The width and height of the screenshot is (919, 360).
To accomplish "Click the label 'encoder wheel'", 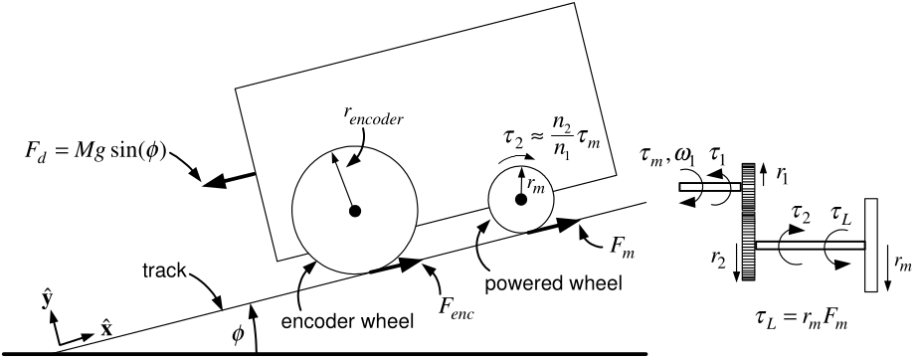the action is (x=347, y=322).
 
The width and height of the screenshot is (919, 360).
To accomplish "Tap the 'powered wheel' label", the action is (x=553, y=283).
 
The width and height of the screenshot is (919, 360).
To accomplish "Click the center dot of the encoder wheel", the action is (x=355, y=211).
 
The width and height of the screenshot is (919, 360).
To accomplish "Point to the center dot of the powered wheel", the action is (x=520, y=200).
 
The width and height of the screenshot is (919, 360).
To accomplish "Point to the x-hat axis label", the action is (x=105, y=329).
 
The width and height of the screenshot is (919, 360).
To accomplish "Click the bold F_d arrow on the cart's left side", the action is (x=229, y=179).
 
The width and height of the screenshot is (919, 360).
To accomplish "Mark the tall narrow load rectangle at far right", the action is (x=871, y=245).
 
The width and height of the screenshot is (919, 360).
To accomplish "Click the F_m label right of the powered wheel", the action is (x=621, y=249).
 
